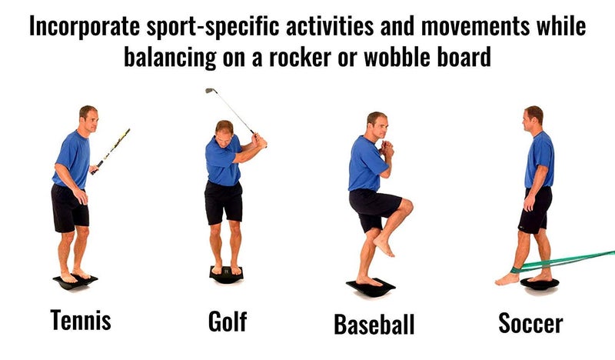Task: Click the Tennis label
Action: (81, 320)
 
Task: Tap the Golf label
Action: (227, 321)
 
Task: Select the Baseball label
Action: (374, 323)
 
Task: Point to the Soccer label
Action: (530, 322)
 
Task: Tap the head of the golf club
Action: (208, 91)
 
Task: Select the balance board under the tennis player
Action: (75, 282)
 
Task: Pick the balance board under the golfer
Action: (226, 275)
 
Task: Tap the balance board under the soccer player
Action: (540, 283)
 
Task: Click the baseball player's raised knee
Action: (405, 207)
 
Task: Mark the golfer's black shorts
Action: (224, 202)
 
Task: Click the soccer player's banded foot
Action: (509, 278)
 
